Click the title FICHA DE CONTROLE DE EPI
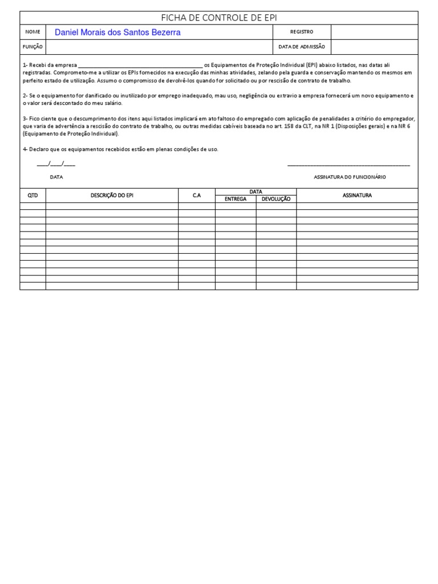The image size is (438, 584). [219, 18]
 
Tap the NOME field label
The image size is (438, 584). [33, 32]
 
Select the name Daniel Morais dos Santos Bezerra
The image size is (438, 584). [117, 33]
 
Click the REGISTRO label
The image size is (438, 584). [302, 32]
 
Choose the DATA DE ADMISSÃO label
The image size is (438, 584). [302, 47]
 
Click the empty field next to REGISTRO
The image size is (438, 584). [374, 32]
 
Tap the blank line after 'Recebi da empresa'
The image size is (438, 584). [140, 66]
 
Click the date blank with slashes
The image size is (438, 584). [56, 164]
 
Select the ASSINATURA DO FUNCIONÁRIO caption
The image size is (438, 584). [350, 177]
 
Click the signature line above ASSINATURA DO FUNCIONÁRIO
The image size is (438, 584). [348, 165]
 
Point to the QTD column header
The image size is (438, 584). [33, 196]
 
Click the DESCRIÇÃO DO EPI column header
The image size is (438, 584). [112, 196]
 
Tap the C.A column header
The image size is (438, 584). [197, 196]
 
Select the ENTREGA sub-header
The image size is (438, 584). [236, 199]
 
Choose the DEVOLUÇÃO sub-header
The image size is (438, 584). [276, 199]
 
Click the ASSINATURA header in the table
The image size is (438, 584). [357, 196]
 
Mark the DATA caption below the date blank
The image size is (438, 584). [56, 177]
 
